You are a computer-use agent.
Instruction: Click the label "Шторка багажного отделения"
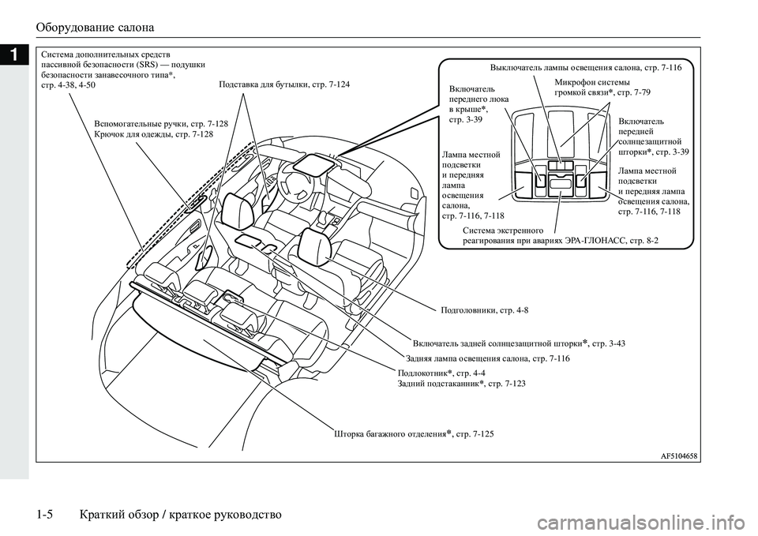385,434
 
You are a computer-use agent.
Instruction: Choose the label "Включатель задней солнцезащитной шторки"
497,343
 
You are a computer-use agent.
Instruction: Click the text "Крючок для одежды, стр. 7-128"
152,135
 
